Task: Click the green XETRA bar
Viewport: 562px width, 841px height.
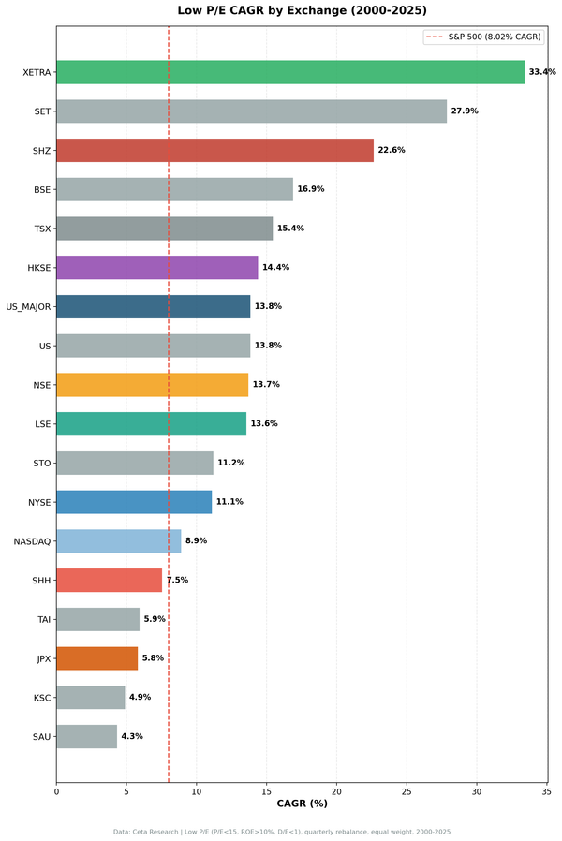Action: [x=290, y=72]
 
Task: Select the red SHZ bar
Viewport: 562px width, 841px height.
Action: [x=214, y=150]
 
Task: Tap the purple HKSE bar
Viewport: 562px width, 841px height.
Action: [x=156, y=268]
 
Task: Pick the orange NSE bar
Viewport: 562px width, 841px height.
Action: [x=152, y=385]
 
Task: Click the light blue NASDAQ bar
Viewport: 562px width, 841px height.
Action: [x=118, y=541]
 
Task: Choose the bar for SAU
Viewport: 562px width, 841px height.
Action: [x=86, y=737]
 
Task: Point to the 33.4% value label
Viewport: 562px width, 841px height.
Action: [x=542, y=72]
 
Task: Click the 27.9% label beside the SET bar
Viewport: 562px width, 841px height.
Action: [x=465, y=111]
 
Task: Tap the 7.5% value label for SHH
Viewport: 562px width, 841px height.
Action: [x=177, y=581]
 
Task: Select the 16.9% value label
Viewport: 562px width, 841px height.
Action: [x=311, y=189]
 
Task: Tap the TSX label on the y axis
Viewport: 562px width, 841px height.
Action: [x=41, y=229]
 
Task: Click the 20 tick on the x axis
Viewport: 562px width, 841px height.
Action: [x=336, y=792]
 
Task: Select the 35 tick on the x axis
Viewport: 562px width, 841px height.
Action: [x=546, y=792]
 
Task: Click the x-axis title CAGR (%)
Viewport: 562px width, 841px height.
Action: [x=302, y=804]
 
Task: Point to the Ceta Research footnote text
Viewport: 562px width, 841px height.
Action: [x=281, y=832]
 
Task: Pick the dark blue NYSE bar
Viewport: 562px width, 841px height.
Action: [x=134, y=502]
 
